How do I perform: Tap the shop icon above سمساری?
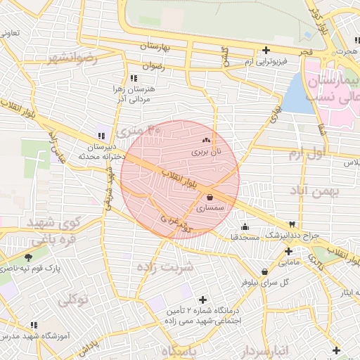(210, 198)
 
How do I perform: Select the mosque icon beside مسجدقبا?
(244, 226)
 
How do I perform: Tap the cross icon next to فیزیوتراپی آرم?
(266, 51)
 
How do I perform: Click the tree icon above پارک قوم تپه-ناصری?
(27, 257)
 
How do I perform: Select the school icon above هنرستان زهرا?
(133, 78)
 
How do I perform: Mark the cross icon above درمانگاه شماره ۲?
(203, 299)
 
